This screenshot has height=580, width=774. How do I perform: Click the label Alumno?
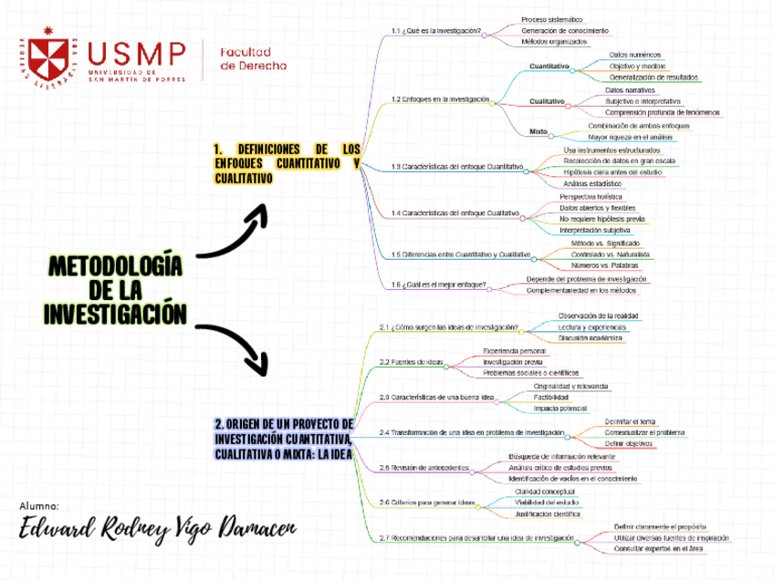(38, 505)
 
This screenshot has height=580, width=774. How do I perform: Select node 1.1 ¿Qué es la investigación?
(435, 31)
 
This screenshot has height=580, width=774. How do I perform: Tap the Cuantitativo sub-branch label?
(549, 67)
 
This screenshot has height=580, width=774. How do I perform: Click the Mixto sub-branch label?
(539, 131)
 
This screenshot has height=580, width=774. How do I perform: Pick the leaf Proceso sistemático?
(552, 19)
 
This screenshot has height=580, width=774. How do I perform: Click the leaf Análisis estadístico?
(592, 183)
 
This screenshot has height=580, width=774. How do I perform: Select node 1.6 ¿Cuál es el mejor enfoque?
(437, 285)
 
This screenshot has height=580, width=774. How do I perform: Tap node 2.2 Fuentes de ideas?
(411, 362)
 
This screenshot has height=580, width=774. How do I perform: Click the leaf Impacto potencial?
(560, 409)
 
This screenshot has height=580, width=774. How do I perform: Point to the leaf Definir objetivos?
(628, 443)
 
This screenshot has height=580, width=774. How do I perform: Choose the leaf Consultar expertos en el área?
(657, 550)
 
